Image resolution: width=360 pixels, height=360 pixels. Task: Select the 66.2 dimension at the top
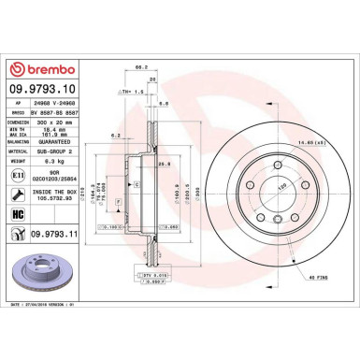141,67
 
